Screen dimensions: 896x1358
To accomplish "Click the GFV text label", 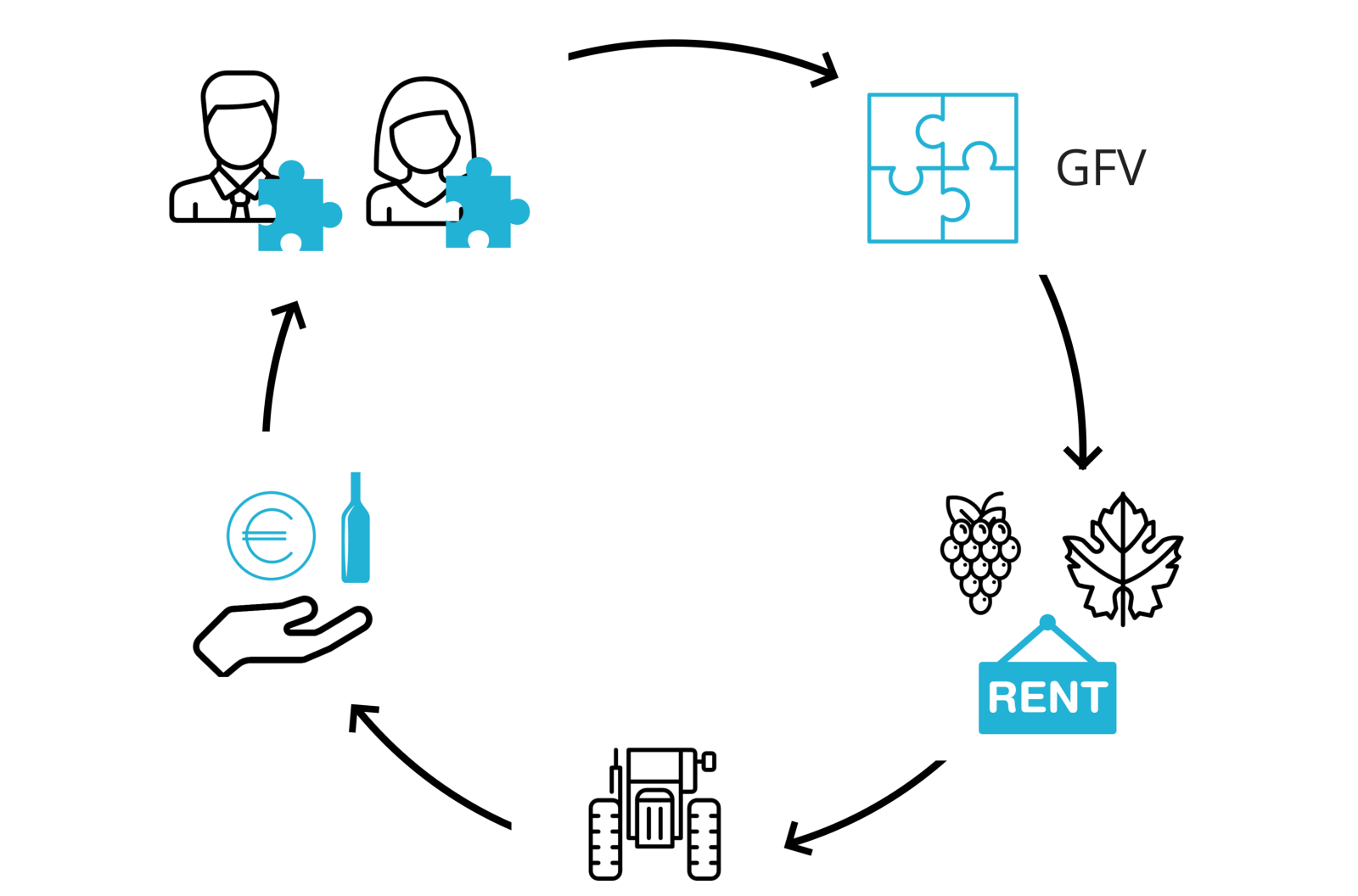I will click(1101, 168).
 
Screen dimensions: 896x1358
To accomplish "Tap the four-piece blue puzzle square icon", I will click(942, 168).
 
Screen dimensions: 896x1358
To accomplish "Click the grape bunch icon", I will click(980, 552).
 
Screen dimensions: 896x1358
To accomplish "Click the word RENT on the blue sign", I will click(1047, 698).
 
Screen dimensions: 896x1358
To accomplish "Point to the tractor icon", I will click(654, 815).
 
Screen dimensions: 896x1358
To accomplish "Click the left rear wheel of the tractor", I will click(605, 840).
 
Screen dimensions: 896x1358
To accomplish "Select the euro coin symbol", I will click(271, 536).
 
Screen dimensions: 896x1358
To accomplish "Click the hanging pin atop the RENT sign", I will click(1047, 623).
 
